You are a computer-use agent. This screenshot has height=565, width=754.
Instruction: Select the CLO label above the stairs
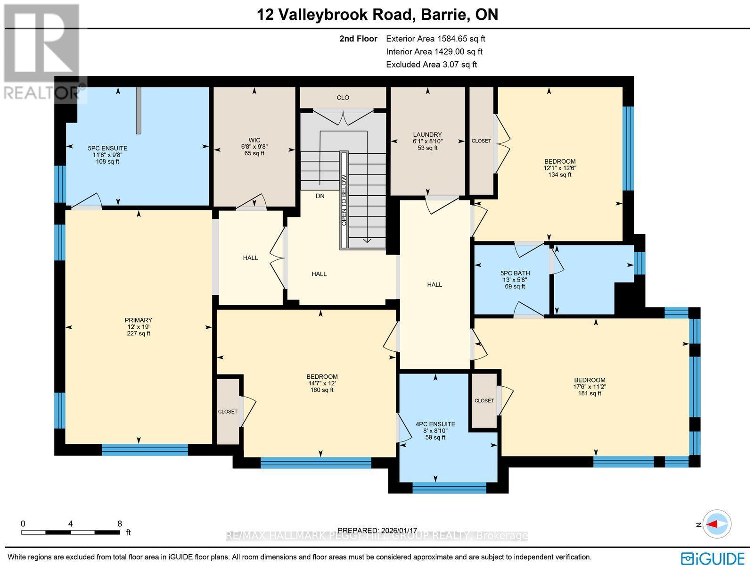pos(343,98)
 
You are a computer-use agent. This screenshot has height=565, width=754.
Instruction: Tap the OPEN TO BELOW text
pos(344,200)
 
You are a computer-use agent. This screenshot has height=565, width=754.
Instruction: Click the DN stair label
pos(320,196)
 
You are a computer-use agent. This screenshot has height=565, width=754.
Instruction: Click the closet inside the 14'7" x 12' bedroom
pos(228,411)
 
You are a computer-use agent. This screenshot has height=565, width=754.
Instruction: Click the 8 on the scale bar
pos(120,523)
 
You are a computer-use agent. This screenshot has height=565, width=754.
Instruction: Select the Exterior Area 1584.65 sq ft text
pos(435,39)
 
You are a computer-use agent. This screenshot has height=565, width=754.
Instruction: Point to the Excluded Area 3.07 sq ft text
pos(431,65)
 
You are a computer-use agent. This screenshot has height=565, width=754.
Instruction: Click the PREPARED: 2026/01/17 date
pos(378,530)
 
